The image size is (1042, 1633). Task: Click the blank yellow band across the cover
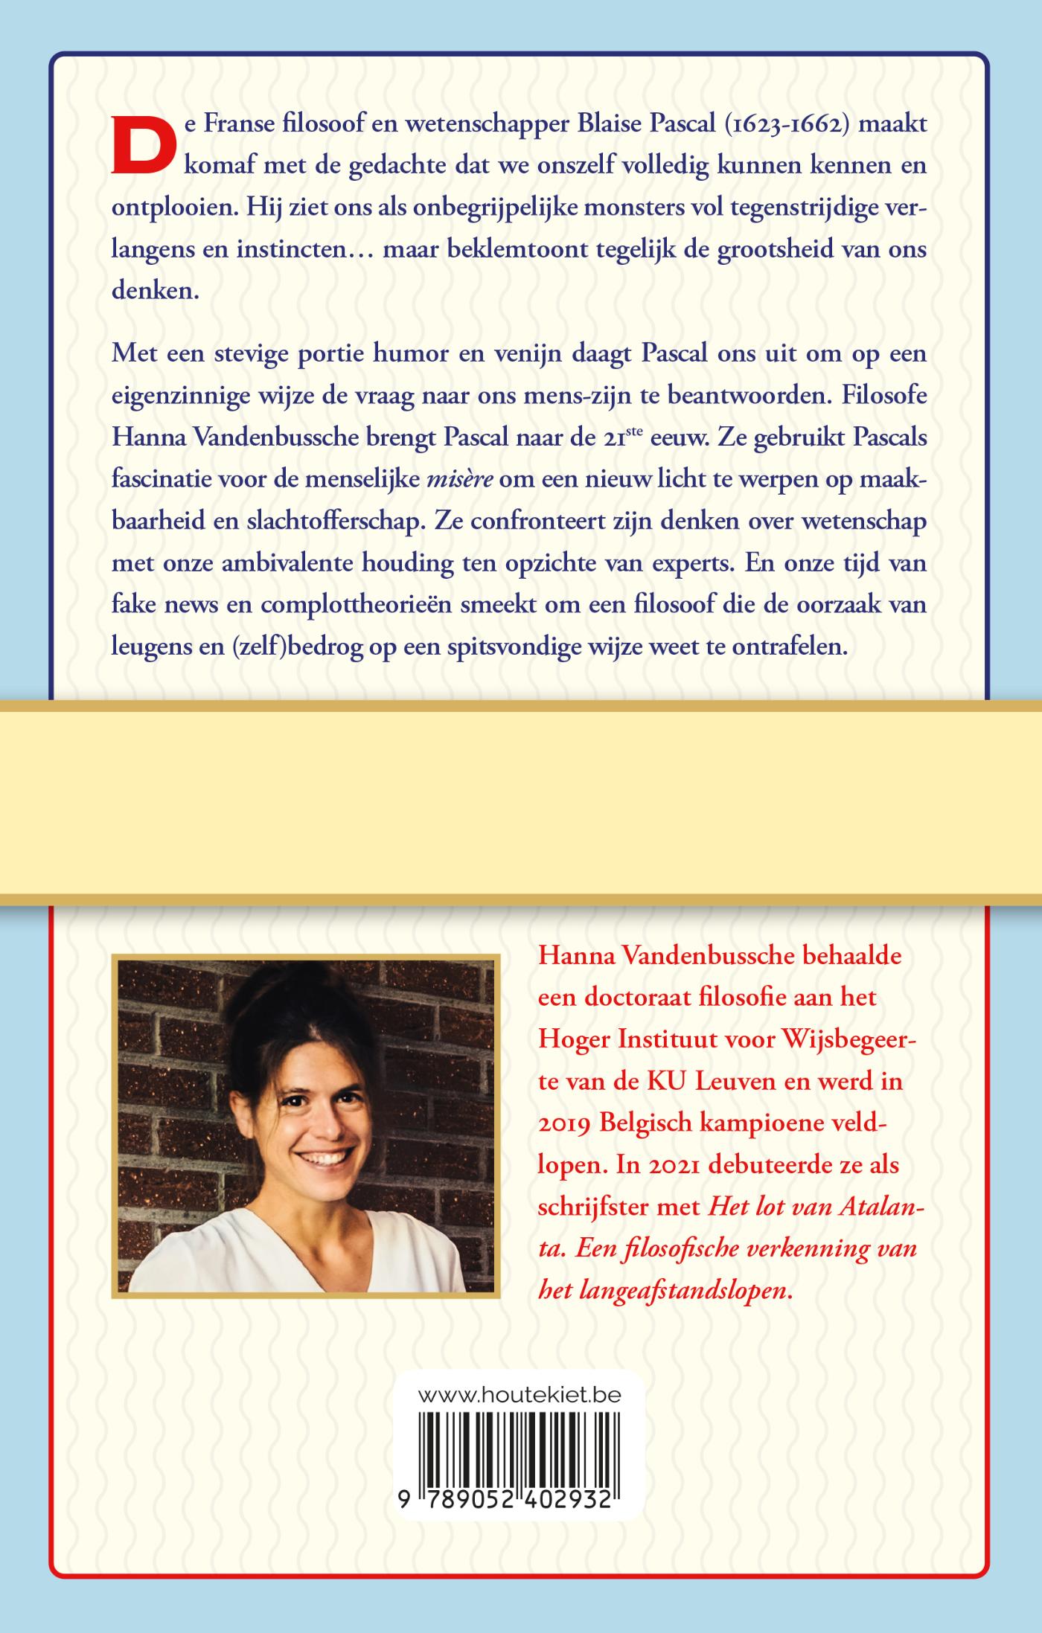coord(521,803)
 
